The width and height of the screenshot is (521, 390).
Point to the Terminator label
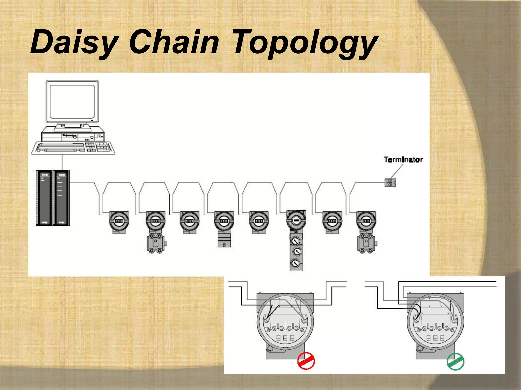(403, 160)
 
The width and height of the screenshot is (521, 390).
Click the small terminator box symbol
(390, 182)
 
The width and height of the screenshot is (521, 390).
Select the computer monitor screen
(72, 102)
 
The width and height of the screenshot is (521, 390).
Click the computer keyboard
(73, 148)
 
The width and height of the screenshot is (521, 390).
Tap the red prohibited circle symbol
(306, 361)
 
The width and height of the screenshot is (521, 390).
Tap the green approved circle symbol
(455, 362)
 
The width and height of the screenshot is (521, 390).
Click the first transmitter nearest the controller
(119, 221)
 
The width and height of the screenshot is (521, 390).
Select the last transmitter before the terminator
(366, 221)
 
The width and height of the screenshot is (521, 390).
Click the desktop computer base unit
(73, 134)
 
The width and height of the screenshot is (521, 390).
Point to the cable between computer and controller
(62, 162)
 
